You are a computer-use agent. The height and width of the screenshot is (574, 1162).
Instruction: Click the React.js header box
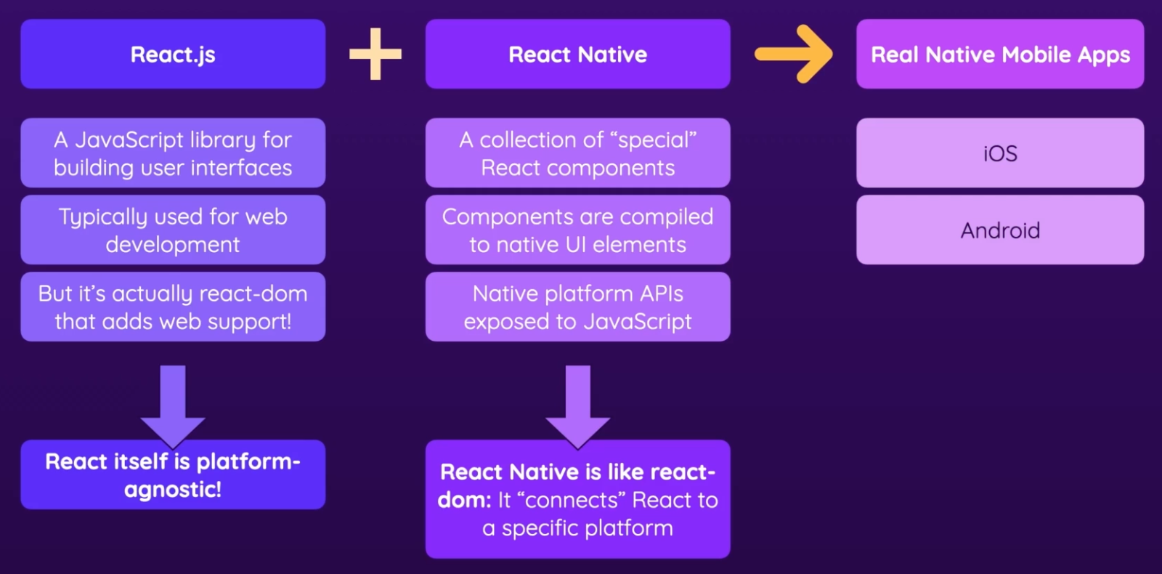coord(173,54)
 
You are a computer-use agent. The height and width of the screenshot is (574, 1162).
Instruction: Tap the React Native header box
coord(577,54)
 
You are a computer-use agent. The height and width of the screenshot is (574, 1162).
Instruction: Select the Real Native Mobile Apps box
coord(1000,54)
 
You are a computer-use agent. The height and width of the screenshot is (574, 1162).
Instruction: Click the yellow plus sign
coord(375,54)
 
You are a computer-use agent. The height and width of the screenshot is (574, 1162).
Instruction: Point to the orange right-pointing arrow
coord(794,54)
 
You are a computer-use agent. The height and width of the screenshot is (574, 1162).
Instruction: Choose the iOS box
coord(1000,153)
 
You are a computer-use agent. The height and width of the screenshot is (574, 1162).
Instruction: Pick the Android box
coord(1000,230)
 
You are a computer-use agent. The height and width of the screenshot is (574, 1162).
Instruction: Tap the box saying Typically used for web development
coord(173,230)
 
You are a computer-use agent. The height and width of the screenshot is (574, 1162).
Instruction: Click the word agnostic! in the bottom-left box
coord(173,490)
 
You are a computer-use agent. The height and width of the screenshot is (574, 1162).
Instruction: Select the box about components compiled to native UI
coord(577,230)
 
